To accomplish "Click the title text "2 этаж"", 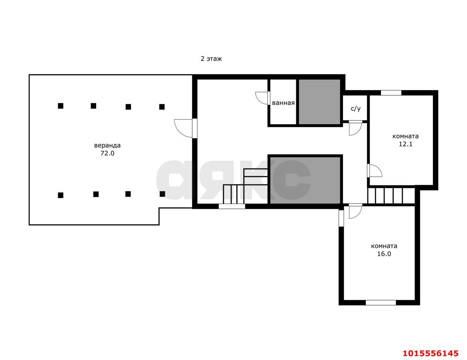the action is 211,59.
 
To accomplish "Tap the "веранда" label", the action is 107,145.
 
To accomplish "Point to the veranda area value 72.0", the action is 107,153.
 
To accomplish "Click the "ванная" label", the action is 283,103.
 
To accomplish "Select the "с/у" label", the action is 356,108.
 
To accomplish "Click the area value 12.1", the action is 406,144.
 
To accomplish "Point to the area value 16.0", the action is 384,254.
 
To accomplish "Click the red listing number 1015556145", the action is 431,353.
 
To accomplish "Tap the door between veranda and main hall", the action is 186,128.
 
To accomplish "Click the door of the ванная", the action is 263,98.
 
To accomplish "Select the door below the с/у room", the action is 355,128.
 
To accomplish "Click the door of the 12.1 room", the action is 375,171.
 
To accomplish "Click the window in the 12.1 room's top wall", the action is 391,93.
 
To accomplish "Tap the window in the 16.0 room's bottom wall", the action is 381,303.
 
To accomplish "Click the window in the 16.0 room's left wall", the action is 341,218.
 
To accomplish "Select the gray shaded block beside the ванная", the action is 319,102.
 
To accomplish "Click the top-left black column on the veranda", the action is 61,106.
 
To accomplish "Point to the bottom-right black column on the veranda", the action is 162,194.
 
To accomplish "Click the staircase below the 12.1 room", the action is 391,196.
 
